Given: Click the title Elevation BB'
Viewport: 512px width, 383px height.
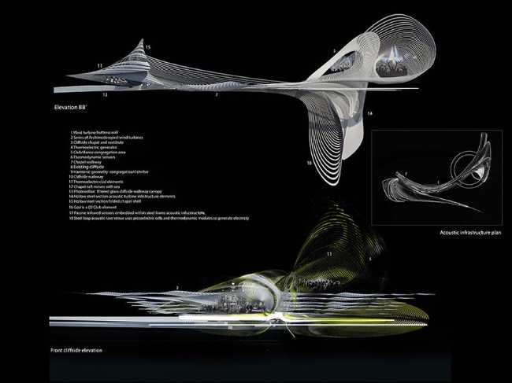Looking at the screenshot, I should (72, 104).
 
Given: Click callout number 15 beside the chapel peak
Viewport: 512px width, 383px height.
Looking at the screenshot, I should (147, 49).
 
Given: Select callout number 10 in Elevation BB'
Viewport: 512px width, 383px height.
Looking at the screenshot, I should (309, 162).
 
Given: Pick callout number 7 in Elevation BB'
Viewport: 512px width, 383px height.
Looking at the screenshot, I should (217, 94).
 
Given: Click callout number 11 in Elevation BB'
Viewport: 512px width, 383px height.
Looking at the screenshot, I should (99, 65).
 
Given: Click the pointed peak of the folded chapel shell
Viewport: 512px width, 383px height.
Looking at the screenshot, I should (142, 39).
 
